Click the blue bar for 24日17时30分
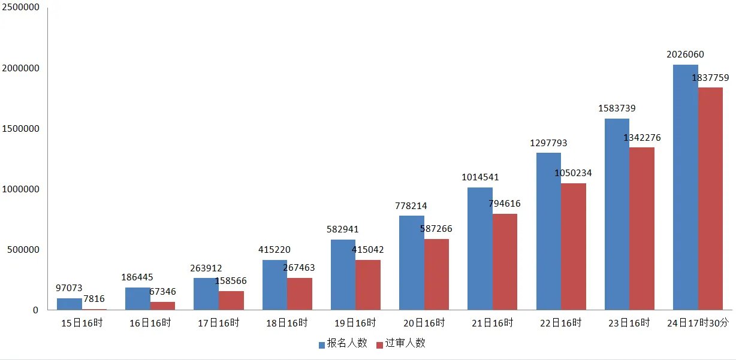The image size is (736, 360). pos(685,187)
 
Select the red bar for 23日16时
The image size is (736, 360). pos(642,228)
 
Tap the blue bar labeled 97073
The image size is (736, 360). pos(70,304)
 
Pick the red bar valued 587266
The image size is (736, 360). pos(436,274)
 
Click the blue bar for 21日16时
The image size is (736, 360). pos(480,249)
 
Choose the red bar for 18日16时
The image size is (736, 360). pos(300,294)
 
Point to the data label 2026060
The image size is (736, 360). pos(685,55)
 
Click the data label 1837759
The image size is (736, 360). pos(710,78)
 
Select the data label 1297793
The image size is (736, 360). pos(548,143)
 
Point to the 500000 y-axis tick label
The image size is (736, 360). pos(23,250)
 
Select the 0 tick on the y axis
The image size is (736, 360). pos(36,310)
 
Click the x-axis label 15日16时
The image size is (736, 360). pos(82,323)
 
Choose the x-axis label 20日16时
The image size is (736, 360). pos(424,323)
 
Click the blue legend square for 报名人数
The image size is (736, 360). pos(322,344)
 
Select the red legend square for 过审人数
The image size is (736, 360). pos(379,344)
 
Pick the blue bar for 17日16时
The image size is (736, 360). pos(206,294)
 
